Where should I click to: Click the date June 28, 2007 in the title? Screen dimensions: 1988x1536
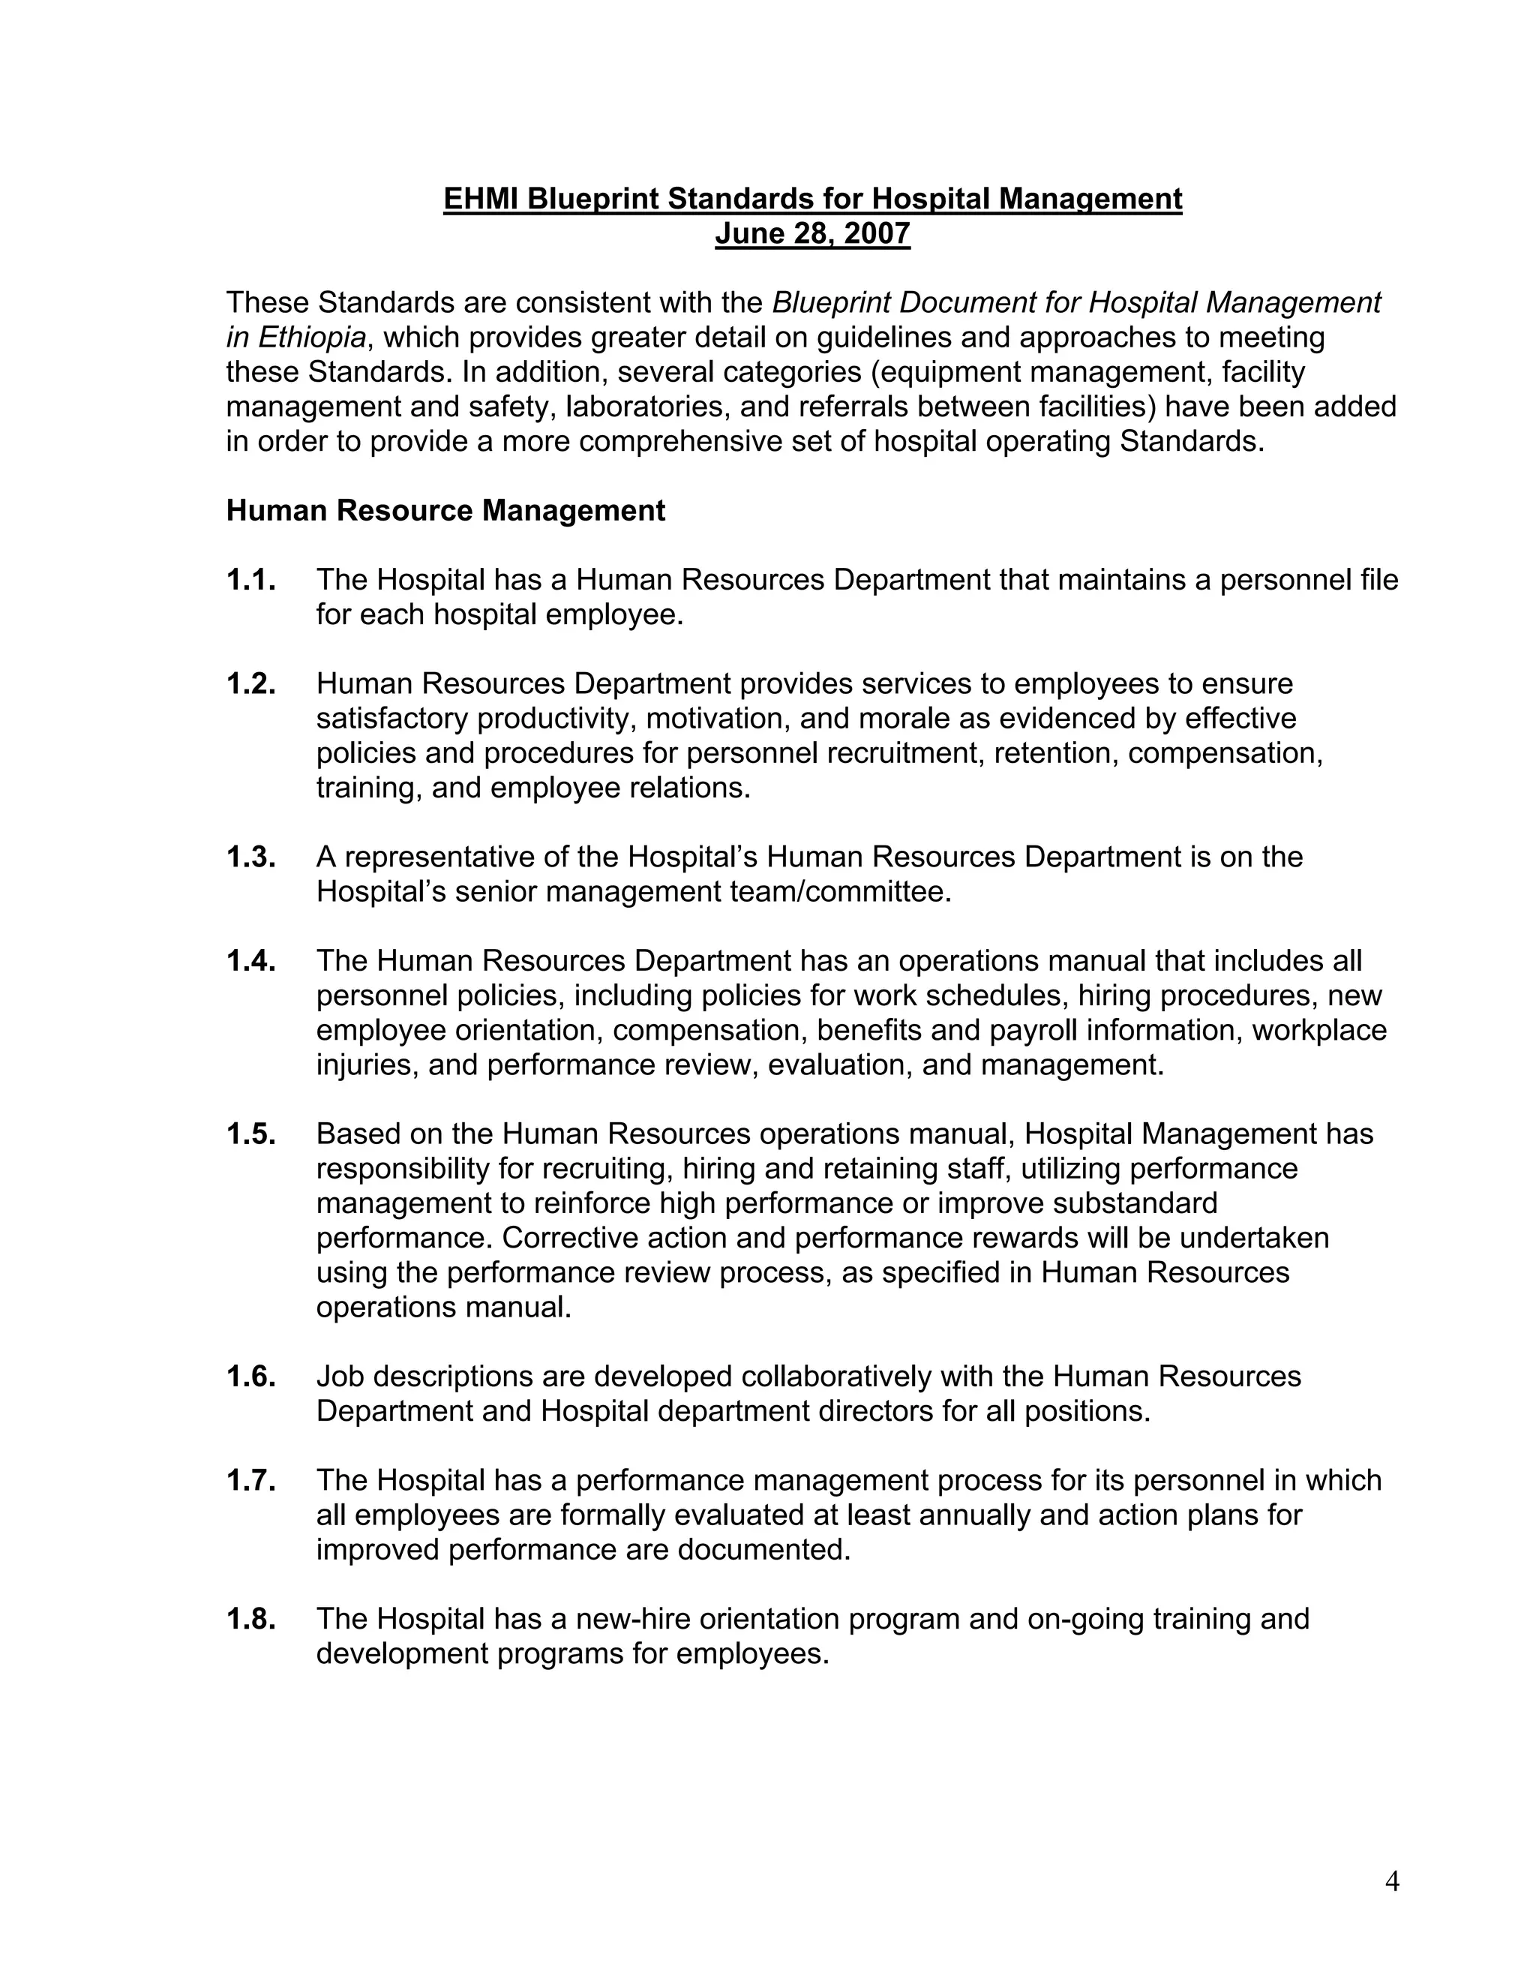click(x=811, y=234)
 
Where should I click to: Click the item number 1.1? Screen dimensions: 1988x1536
click(x=251, y=580)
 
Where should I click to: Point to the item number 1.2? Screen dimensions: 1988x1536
click(x=251, y=683)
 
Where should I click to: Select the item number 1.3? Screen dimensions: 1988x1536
click(x=251, y=857)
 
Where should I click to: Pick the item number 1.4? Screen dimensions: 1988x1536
click(x=251, y=960)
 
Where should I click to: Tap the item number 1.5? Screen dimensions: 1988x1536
click(x=251, y=1134)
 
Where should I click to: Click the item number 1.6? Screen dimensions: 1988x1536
click(x=251, y=1377)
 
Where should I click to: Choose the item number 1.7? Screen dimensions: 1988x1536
click(x=251, y=1480)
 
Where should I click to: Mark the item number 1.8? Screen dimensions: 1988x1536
click(x=251, y=1618)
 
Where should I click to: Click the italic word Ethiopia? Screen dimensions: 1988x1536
click(x=312, y=338)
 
